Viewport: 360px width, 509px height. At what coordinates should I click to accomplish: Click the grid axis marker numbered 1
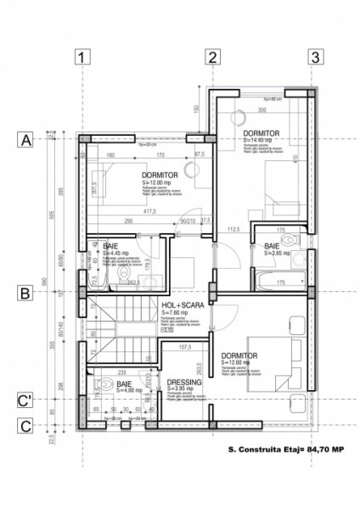point(82,58)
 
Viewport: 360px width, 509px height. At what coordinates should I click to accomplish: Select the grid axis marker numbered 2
point(212,58)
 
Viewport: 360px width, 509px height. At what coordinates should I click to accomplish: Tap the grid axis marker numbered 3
point(315,58)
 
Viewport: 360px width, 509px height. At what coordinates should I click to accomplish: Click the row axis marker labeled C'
point(26,400)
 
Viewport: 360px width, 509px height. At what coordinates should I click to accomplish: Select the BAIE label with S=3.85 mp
point(272,246)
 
